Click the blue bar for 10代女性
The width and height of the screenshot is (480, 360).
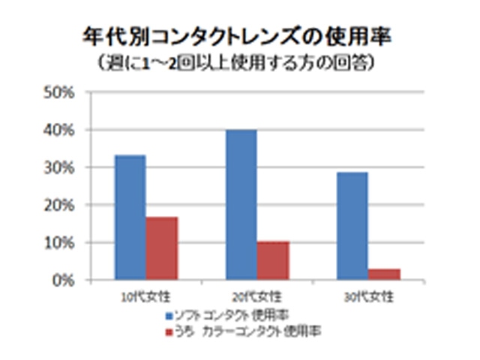coord(130,217)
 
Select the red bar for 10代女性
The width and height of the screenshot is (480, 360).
coord(160,248)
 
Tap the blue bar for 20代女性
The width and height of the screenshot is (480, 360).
coord(241,205)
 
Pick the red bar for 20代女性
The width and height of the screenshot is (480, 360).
coord(272,260)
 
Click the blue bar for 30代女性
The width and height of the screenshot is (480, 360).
coord(352,226)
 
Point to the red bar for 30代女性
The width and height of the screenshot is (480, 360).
coord(383,274)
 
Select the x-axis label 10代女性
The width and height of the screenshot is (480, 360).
coord(146,295)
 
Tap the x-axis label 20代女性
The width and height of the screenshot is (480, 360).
coord(257,295)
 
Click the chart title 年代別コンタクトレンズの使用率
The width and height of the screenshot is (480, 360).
coord(239,37)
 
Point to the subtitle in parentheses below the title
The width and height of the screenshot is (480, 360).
coord(239,62)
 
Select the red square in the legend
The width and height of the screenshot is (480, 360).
coord(169,329)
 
